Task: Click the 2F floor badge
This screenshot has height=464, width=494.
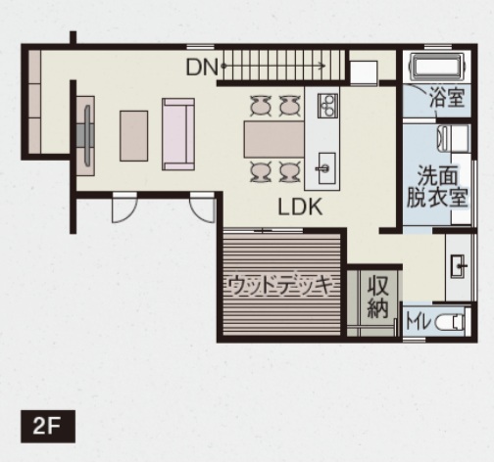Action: click(x=48, y=427)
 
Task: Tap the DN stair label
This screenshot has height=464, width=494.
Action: click(x=202, y=68)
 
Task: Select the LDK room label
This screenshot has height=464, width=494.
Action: click(x=300, y=207)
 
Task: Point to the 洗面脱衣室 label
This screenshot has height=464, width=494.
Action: click(x=437, y=187)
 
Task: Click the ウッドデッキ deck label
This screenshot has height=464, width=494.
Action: click(x=281, y=286)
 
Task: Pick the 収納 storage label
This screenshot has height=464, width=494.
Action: click(x=378, y=297)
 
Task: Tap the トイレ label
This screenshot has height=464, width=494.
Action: click(x=417, y=322)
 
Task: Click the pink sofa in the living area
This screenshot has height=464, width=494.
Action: click(x=178, y=134)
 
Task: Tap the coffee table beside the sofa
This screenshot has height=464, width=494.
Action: click(x=133, y=136)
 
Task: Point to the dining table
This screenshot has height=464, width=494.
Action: click(x=274, y=139)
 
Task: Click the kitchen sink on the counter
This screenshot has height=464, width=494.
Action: click(x=326, y=168)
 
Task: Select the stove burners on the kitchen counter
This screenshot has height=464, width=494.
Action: click(x=327, y=105)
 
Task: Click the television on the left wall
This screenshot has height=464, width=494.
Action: click(x=87, y=136)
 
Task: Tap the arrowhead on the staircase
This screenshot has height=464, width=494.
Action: click(x=322, y=67)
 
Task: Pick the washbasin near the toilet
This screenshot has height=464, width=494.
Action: click(x=459, y=266)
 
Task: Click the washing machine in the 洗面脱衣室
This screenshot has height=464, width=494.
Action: click(x=453, y=139)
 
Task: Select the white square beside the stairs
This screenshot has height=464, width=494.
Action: click(x=364, y=73)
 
